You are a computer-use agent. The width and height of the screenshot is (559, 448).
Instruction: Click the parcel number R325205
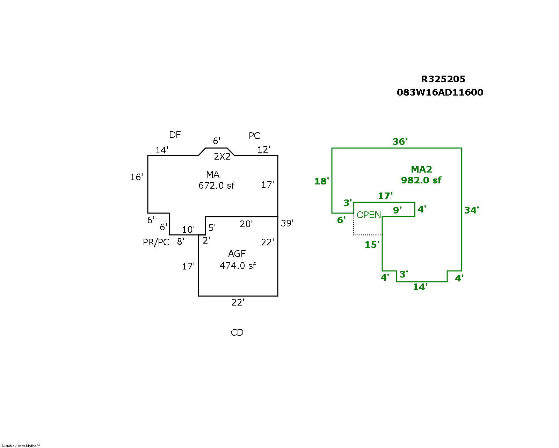(443, 79)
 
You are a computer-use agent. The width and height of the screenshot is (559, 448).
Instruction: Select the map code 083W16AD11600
(440, 92)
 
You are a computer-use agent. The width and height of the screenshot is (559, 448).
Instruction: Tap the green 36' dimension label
(400, 142)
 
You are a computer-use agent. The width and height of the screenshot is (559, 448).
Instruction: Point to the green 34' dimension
(471, 210)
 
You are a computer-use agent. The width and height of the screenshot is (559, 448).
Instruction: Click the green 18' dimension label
(321, 181)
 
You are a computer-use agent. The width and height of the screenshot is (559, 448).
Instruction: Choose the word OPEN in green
(369, 215)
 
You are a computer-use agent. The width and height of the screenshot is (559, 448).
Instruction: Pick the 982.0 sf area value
(421, 180)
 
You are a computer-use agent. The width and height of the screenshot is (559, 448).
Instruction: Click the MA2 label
(421, 169)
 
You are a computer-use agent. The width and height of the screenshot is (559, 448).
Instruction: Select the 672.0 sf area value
(217, 185)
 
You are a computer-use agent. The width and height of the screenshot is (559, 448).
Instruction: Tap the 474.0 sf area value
(238, 266)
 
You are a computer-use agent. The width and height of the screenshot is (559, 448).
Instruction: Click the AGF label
(237, 254)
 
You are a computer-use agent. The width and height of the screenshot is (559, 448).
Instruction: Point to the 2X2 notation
(222, 156)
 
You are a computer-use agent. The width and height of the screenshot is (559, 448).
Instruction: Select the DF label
(175, 135)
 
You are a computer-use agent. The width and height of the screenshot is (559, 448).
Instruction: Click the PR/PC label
(156, 242)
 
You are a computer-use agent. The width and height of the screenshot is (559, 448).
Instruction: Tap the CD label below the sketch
(237, 332)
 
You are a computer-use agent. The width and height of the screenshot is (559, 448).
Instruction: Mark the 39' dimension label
(287, 223)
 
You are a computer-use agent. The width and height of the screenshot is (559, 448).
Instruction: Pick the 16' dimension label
(137, 177)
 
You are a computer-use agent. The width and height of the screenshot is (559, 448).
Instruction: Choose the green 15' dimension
(372, 245)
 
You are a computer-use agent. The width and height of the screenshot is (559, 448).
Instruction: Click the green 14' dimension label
(420, 287)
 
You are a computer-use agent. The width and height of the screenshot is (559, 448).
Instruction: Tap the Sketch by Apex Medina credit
(21, 446)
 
